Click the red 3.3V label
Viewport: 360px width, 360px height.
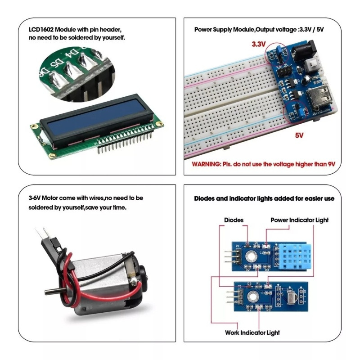[x=259, y=45]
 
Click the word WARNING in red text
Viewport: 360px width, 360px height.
[x=205, y=165]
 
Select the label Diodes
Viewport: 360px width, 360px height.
[x=234, y=220]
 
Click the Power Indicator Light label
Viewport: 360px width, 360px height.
[x=299, y=220]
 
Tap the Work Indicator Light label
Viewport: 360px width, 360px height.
[x=252, y=333]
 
